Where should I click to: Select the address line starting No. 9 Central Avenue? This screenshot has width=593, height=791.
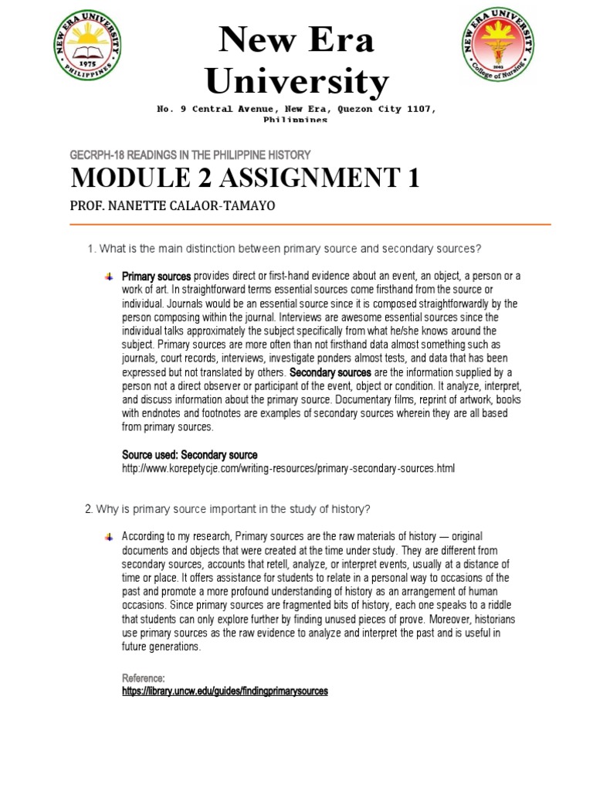click(296, 110)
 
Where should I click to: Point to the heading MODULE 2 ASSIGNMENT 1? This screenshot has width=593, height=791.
click(246, 178)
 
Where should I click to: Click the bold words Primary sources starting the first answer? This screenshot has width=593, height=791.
click(157, 276)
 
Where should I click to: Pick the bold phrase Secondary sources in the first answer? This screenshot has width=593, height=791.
click(330, 372)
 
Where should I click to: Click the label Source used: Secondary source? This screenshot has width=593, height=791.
click(190, 455)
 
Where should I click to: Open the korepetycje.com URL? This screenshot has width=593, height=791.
click(289, 469)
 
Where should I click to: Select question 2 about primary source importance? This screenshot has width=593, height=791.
click(228, 509)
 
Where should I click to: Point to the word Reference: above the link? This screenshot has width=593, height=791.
click(144, 677)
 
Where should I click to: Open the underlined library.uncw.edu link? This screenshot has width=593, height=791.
click(225, 691)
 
